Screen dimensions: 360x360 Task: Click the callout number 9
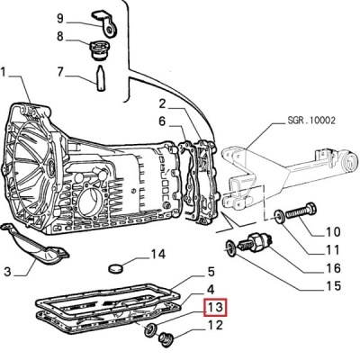[60, 18]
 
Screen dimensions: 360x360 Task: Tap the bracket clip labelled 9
[105, 24]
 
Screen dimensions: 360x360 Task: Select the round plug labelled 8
[100, 50]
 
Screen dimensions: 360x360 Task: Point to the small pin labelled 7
[101, 77]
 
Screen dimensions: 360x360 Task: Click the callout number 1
[4, 73]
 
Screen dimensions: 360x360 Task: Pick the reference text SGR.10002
[311, 121]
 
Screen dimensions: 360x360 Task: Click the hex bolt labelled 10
[301, 212]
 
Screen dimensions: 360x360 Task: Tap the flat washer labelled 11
[279, 216]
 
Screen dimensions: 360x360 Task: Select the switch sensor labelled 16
[256, 243]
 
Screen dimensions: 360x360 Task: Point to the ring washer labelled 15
[231, 248]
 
